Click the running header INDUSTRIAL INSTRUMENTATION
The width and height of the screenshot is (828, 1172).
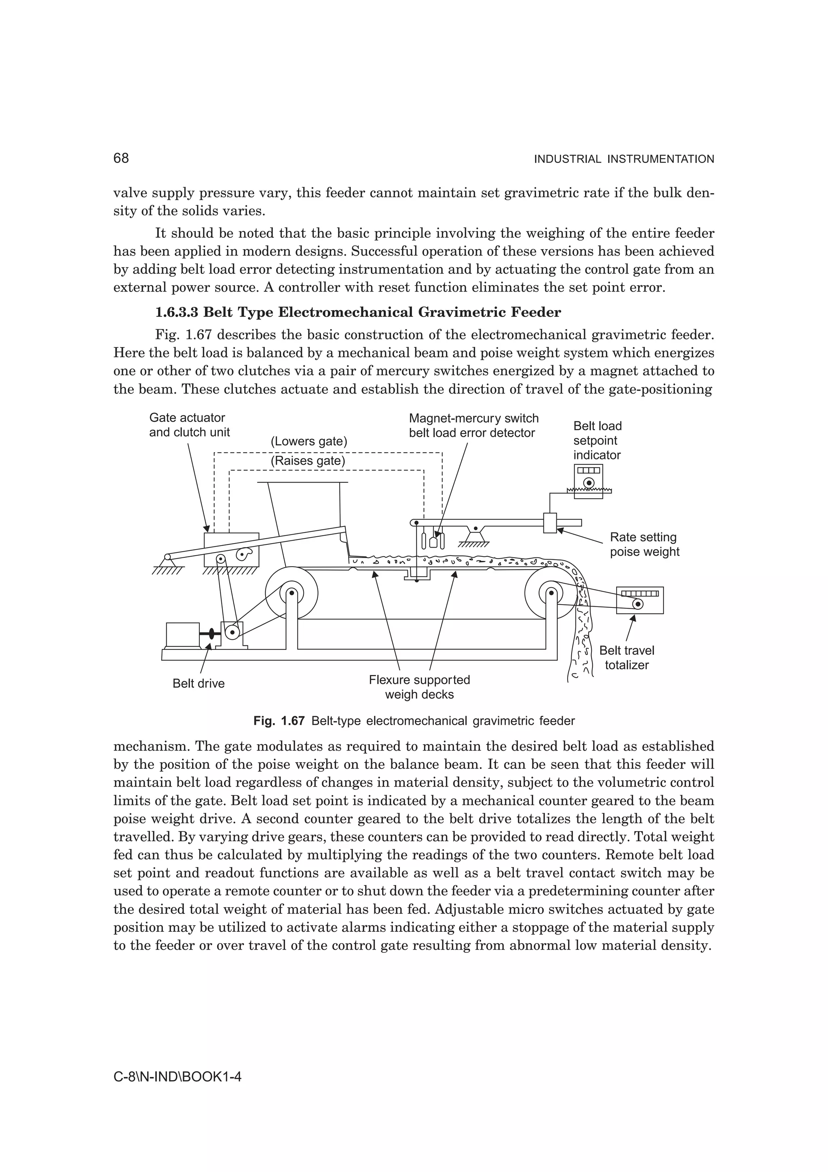point(623,159)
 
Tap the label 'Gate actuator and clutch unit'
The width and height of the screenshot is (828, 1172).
point(189,425)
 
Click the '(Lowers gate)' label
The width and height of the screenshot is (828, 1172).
point(308,442)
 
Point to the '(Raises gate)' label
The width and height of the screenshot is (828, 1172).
point(308,461)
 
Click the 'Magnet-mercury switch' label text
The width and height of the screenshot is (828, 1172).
point(473,419)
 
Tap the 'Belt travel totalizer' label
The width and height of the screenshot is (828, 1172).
point(627,658)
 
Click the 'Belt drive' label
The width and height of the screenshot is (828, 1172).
point(199,683)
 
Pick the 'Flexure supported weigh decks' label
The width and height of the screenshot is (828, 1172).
point(419,687)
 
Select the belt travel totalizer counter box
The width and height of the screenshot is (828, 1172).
point(640,600)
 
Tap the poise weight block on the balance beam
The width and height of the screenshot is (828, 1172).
point(549,523)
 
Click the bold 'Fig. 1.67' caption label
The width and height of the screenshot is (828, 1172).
point(279,721)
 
